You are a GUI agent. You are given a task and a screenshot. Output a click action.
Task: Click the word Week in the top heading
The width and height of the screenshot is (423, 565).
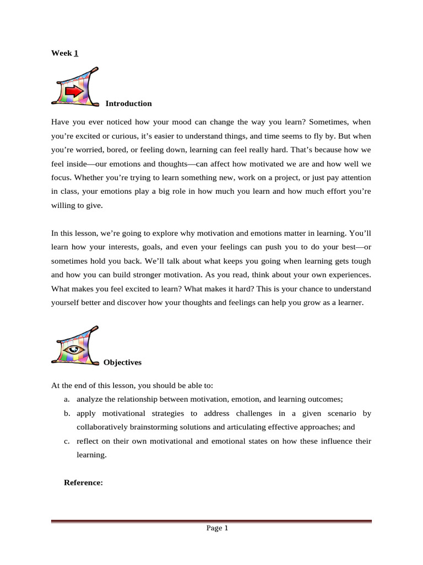(x=61, y=53)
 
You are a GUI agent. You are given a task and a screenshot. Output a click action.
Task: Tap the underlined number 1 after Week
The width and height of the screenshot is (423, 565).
(x=76, y=53)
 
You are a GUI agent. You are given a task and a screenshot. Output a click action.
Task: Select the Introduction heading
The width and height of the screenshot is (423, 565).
(x=128, y=103)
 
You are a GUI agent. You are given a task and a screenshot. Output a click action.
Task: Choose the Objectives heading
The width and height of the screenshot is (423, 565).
(x=122, y=363)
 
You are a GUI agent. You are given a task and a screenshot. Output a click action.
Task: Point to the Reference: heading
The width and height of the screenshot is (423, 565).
(x=84, y=482)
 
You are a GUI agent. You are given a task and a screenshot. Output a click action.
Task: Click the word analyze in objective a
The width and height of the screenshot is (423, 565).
(x=90, y=399)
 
